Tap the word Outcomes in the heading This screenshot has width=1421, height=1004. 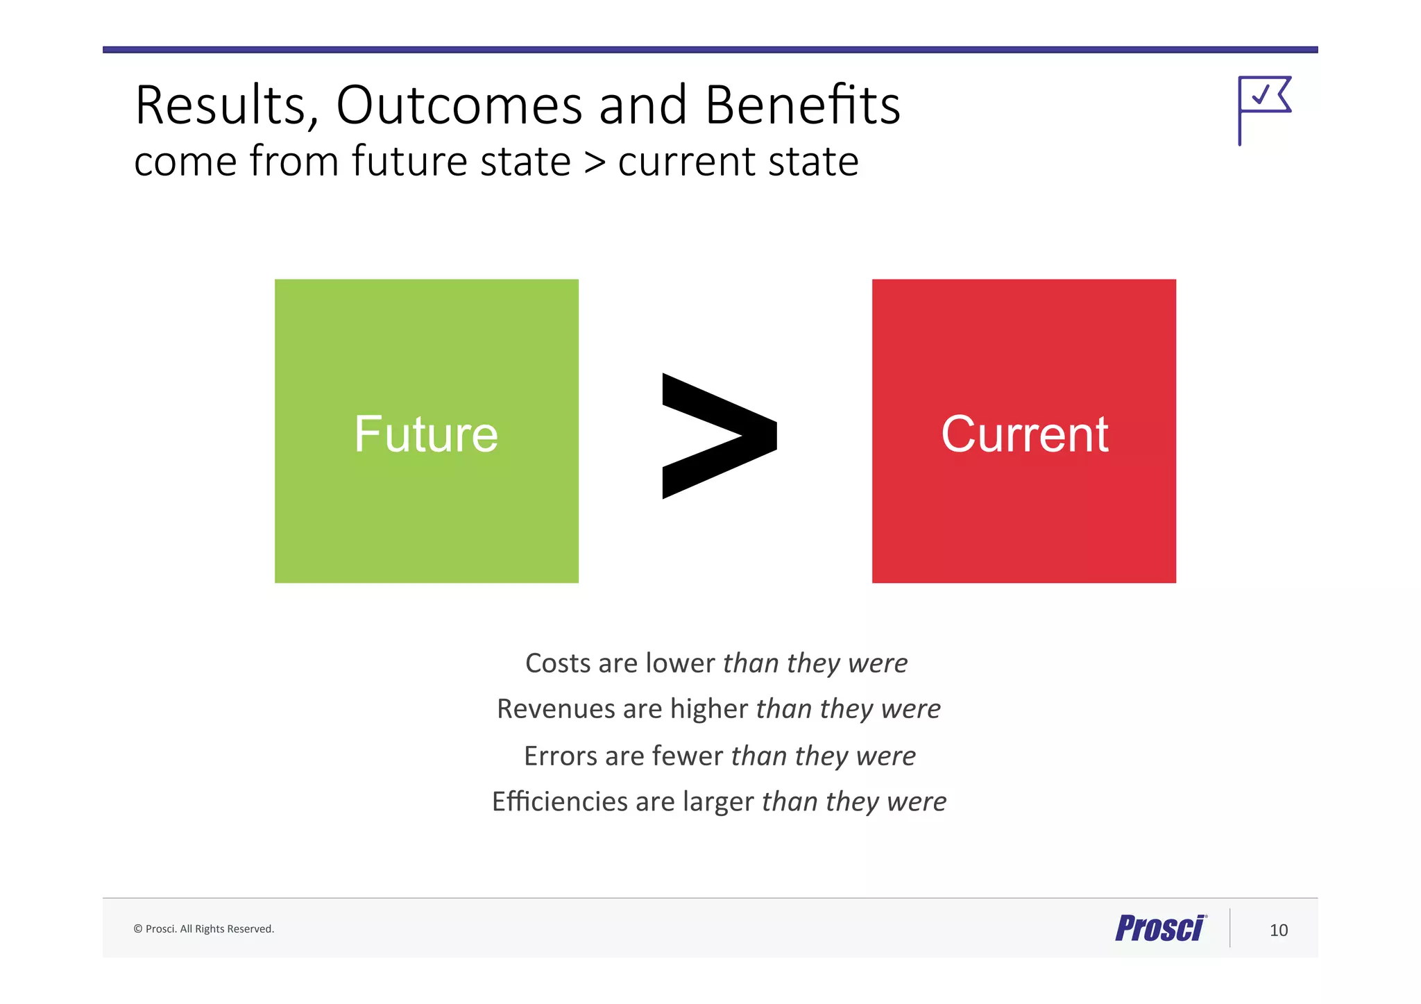point(459,105)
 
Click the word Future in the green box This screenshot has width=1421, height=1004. point(426,434)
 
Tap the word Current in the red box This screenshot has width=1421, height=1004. point(1024,434)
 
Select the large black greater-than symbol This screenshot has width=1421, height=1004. point(719,436)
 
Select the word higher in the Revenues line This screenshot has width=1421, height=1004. point(708,709)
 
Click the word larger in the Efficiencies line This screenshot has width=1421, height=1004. point(717,802)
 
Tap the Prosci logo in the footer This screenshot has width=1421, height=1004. point(1160,928)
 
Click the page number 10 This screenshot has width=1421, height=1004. point(1278,930)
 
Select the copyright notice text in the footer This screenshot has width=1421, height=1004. point(204,929)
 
